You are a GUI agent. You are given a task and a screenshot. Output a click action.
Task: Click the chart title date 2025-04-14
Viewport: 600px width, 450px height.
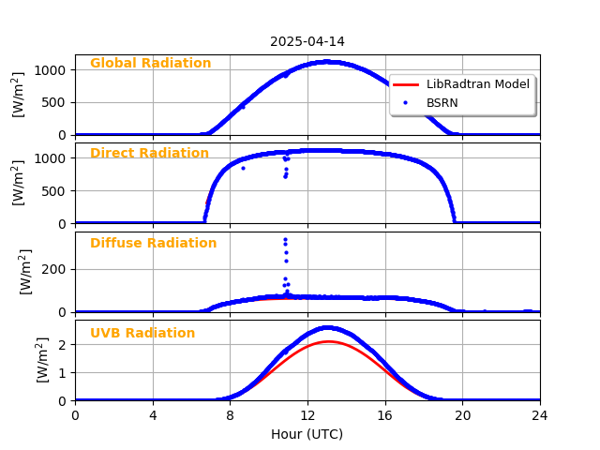307,42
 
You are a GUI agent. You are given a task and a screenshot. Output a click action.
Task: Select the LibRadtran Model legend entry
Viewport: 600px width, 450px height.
477,84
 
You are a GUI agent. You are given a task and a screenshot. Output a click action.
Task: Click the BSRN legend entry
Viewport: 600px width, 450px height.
442,103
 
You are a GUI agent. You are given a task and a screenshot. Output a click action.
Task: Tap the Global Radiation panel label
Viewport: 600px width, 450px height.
150,64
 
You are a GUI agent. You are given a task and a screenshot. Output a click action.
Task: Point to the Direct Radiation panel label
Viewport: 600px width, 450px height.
149,154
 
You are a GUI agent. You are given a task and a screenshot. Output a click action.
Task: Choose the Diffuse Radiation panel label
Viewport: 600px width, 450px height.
153,244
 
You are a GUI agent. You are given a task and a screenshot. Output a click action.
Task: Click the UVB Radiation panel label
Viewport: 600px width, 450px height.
142,334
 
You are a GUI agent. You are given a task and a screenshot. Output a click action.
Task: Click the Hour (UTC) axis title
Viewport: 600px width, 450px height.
307,434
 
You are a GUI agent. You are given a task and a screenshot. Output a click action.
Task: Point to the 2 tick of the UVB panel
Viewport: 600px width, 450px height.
63,345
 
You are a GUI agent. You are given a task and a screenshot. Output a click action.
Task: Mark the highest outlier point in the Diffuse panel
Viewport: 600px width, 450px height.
285,239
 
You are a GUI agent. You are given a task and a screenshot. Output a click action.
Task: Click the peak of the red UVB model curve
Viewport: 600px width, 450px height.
327,341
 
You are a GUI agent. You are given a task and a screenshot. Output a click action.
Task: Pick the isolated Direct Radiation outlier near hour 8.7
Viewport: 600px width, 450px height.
243,168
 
